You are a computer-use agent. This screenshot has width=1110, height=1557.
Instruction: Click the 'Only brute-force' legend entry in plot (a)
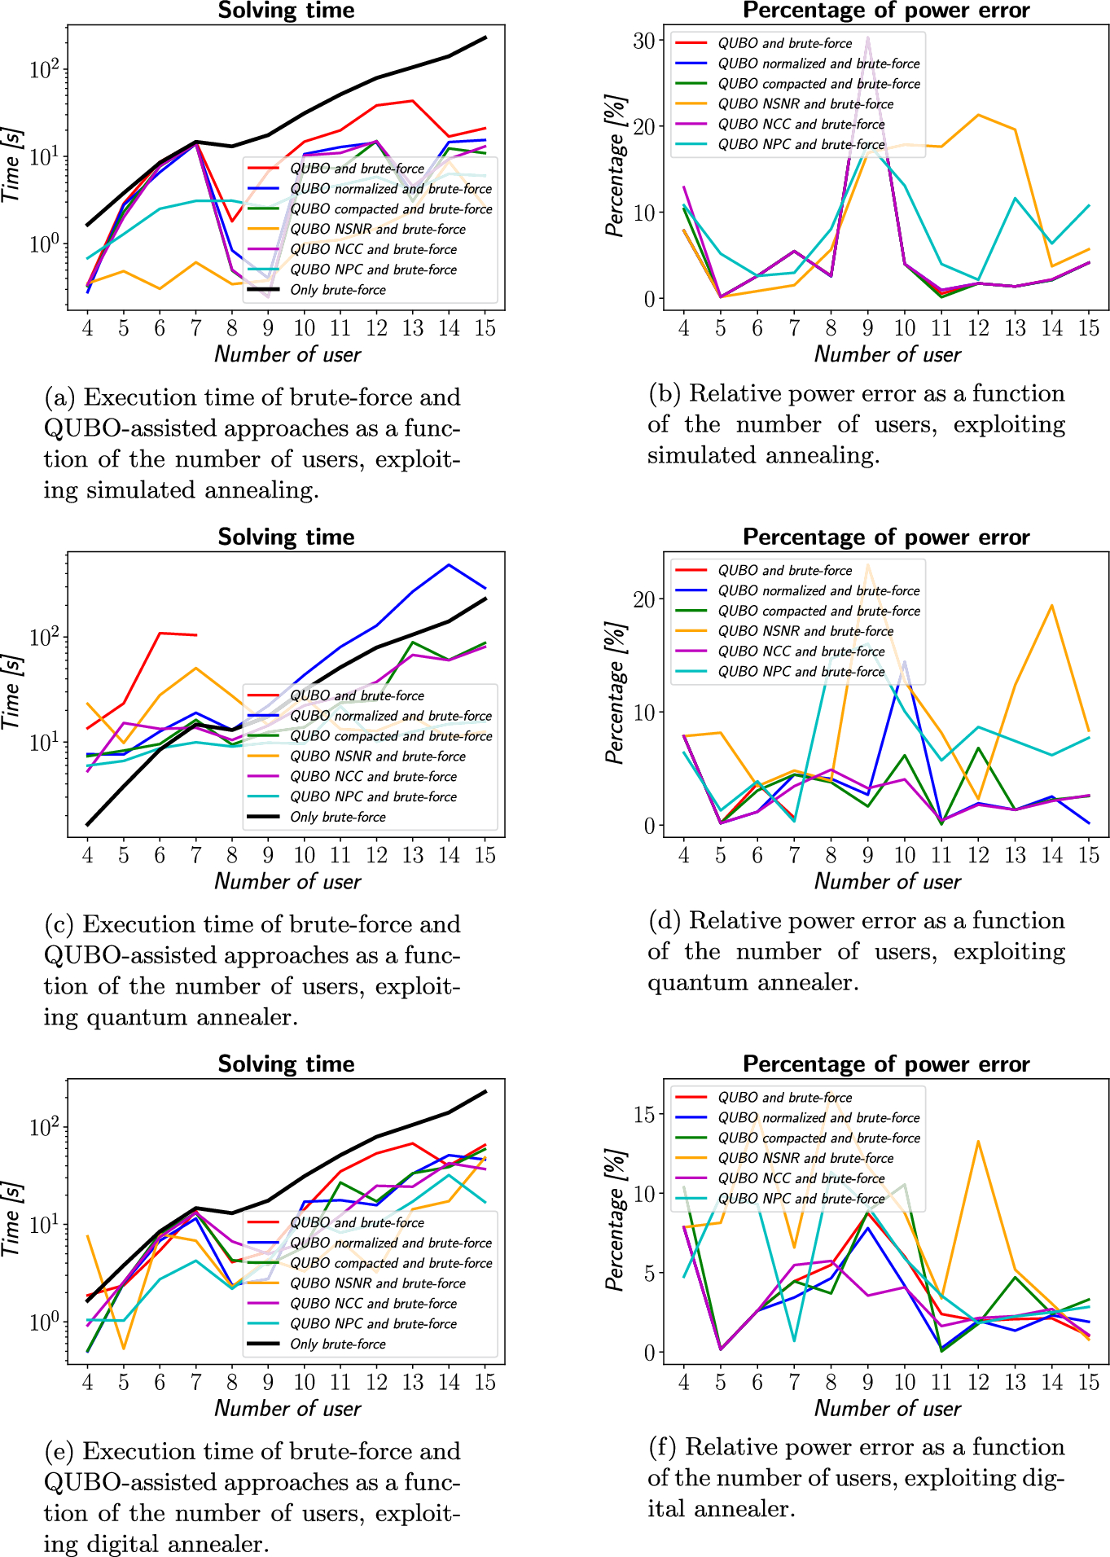click(337, 290)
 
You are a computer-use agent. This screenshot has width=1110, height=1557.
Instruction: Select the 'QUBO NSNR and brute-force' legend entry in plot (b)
click(805, 104)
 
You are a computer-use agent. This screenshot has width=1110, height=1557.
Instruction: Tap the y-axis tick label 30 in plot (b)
click(644, 41)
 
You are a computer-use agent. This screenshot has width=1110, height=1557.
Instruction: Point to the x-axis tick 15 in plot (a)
click(485, 328)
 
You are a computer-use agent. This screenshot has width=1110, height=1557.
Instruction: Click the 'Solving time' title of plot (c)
click(286, 537)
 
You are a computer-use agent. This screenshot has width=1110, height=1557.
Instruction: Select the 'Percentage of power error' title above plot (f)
click(886, 1064)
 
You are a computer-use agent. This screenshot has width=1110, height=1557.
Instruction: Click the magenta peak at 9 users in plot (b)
click(867, 37)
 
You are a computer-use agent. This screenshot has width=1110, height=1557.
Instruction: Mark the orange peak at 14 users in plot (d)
click(1052, 605)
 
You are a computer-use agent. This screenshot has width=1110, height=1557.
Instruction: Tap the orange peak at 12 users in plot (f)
click(978, 1141)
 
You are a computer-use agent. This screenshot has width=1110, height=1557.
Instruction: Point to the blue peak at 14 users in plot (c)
click(449, 565)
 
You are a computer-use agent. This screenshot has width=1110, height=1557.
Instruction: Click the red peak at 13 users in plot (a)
click(413, 101)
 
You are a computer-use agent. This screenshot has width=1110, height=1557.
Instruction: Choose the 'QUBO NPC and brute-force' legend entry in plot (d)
click(801, 672)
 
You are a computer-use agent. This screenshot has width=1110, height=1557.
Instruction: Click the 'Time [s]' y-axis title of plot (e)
click(11, 1219)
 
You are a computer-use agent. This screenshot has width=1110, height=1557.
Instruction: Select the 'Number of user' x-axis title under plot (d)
click(887, 882)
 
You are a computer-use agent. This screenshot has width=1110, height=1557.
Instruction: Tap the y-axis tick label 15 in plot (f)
click(644, 1114)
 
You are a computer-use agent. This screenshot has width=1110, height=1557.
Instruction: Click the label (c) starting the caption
click(59, 925)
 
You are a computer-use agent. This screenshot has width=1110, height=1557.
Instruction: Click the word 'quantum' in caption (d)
click(697, 982)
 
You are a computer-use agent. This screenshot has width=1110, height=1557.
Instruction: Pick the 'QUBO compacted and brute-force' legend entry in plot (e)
click(391, 1263)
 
